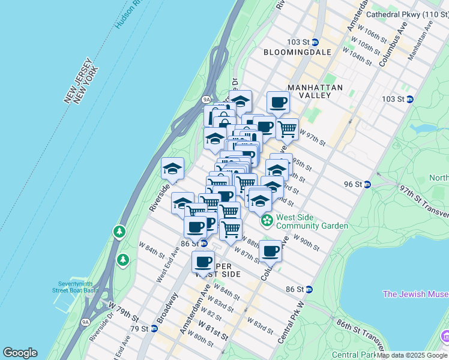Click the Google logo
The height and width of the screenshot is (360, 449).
20,353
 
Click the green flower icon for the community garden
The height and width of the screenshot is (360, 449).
267,221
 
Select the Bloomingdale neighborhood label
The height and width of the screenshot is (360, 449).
298,52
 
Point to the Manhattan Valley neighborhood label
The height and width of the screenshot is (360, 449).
315,91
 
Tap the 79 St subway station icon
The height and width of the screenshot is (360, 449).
154,329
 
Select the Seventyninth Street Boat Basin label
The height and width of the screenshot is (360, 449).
78,287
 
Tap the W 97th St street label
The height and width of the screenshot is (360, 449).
312,137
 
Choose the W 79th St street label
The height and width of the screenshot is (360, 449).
123,311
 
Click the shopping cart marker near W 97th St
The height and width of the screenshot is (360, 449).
288,128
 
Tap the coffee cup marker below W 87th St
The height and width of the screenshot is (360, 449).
271,251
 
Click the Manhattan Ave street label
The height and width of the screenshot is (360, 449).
421,42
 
